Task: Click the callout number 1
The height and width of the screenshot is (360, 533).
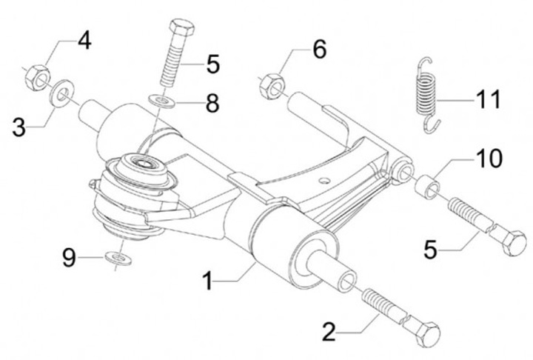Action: [x=208, y=280]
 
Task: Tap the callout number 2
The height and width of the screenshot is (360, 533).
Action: [x=329, y=332]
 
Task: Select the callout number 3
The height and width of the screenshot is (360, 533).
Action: [x=19, y=127]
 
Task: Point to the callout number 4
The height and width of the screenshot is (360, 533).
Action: [x=84, y=41]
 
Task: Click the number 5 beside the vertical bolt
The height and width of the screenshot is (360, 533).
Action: [x=213, y=64]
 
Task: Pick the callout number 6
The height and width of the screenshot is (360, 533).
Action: [x=320, y=50]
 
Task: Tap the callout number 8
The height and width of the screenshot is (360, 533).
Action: [x=212, y=103]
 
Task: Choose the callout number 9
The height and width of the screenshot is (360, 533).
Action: [x=69, y=257]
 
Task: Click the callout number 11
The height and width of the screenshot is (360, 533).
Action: [x=489, y=99]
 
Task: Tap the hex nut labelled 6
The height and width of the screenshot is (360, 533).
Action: [x=272, y=87]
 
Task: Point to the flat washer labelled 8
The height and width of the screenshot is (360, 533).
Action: [x=162, y=101]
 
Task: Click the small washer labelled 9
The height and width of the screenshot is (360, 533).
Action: [x=118, y=259]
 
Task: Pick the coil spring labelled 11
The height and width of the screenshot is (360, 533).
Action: [x=427, y=94]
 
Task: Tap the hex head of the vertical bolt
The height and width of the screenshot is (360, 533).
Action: [x=182, y=29]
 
